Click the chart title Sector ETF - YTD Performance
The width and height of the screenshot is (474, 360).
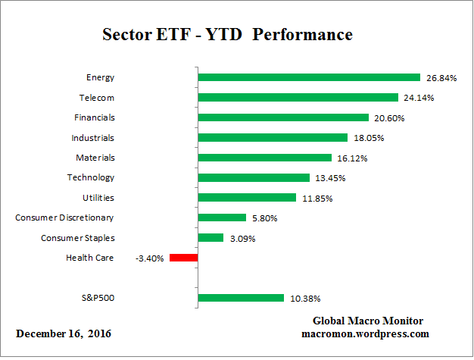(x=227, y=36)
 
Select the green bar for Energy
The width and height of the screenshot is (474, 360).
(x=308, y=77)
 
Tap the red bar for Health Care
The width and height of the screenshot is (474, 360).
(x=183, y=258)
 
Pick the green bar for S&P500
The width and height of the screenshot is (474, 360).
(x=240, y=298)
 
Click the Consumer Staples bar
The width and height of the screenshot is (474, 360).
(x=210, y=238)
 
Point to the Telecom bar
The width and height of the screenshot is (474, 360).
(x=298, y=97)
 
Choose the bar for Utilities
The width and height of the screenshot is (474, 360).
(x=246, y=198)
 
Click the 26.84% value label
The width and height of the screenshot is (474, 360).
(x=441, y=77)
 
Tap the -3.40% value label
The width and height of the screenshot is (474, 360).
(x=150, y=258)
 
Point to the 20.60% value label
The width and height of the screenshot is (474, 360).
(x=389, y=117)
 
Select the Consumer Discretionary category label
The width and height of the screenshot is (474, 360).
(x=65, y=218)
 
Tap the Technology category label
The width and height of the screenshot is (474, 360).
(x=91, y=177)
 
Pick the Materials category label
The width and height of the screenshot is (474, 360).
(x=95, y=158)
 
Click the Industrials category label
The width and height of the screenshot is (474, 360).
(x=93, y=137)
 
